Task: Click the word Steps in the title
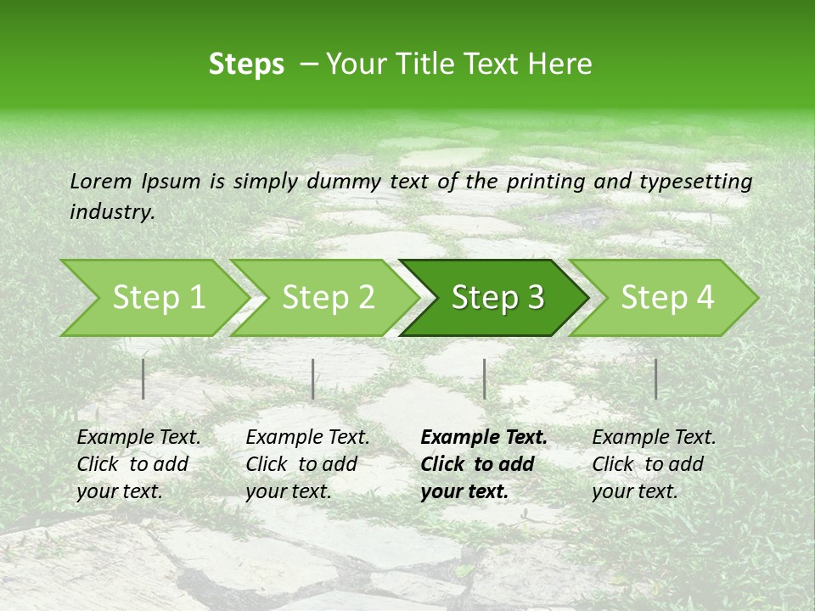click(246, 64)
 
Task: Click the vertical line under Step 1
click(143, 378)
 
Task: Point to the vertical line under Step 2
click(313, 378)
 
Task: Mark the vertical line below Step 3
click(485, 378)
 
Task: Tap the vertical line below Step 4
click(656, 378)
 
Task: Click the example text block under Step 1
click(138, 464)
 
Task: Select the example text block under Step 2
click(307, 464)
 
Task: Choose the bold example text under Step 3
click(484, 464)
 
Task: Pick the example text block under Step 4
click(654, 464)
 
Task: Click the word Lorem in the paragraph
click(101, 181)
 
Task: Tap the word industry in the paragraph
click(111, 212)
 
